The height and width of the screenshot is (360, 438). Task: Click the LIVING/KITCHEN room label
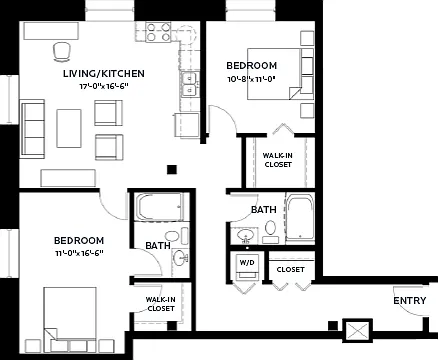104,73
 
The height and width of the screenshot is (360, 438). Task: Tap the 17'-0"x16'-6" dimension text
104,86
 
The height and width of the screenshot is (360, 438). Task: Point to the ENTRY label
410,301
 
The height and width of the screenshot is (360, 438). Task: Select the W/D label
247,263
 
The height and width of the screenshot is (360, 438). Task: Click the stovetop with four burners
158,32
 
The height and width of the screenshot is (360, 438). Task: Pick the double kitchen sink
190,84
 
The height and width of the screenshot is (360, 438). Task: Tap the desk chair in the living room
62,52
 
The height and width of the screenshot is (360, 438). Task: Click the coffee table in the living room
69,128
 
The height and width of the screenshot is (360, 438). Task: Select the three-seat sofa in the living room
33,128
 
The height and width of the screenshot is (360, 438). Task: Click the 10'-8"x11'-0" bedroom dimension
251,79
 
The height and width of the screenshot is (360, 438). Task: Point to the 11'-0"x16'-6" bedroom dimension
79,253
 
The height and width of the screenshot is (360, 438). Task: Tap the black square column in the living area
172,170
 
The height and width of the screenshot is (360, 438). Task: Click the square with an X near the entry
358,331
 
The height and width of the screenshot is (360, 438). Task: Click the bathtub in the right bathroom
300,217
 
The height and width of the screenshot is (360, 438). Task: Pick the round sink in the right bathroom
246,235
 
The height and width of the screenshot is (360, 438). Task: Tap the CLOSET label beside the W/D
290,269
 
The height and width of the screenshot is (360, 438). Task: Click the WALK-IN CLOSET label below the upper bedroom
278,160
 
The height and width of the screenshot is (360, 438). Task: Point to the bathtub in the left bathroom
159,207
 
